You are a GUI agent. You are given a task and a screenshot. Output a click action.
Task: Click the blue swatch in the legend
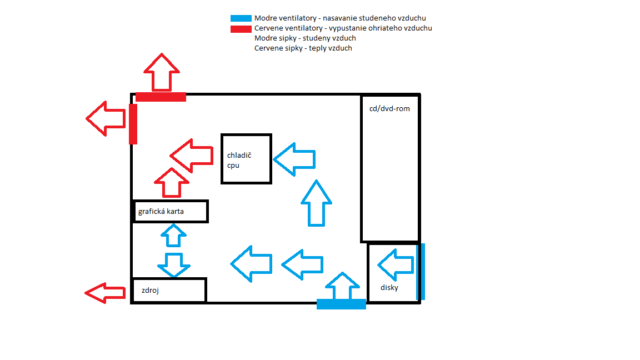(242, 18)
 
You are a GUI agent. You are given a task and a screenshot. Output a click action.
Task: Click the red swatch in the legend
(242, 28)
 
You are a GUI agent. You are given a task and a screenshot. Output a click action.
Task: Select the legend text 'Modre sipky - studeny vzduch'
(305, 38)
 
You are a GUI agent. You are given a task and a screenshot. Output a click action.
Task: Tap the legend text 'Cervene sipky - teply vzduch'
(303, 48)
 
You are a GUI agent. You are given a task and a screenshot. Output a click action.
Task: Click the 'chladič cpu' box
(246, 159)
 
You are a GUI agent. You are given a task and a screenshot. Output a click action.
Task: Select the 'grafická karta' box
(170, 211)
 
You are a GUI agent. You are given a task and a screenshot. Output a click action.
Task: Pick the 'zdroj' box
(169, 290)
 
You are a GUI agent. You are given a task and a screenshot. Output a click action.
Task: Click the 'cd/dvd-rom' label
(389, 108)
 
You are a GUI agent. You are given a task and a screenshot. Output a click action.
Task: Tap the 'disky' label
(389, 287)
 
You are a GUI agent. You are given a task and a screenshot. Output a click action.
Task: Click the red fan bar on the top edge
(161, 97)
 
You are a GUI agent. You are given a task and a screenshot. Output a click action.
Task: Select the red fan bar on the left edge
(133, 124)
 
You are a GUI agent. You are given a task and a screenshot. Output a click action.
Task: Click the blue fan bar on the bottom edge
(341, 304)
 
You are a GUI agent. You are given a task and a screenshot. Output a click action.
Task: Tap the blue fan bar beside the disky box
(422, 272)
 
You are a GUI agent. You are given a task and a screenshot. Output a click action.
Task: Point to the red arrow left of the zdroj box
(106, 293)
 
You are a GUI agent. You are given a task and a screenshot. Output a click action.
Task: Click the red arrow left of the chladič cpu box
(192, 156)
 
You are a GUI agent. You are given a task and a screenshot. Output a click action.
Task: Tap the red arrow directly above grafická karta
(172, 183)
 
